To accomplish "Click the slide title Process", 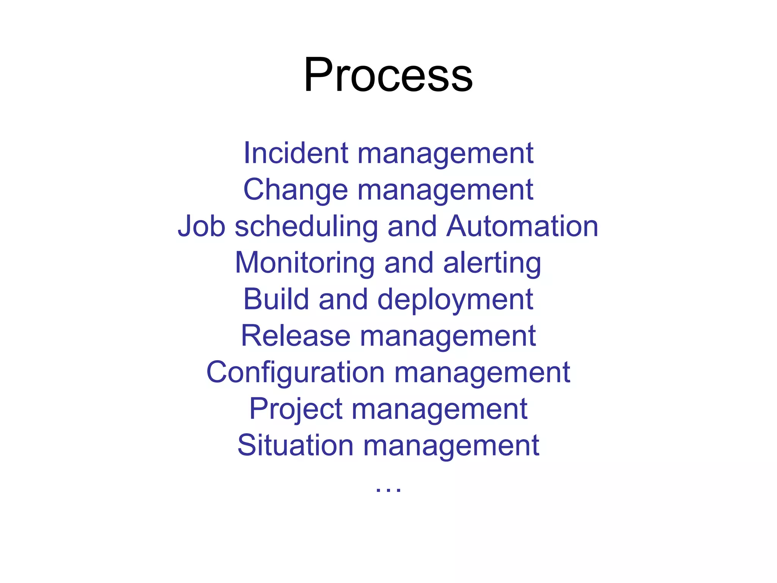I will tap(388, 75).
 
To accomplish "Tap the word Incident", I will tap(296, 153).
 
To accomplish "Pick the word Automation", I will tap(522, 226).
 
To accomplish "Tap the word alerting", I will tap(492, 263).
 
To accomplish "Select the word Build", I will tap(276, 299).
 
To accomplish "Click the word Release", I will tap(296, 336).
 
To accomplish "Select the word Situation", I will tap(296, 445).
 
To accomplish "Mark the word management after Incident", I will tap(445, 154).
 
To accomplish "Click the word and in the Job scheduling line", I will tap(412, 226).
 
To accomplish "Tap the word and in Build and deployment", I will tap(343, 299).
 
